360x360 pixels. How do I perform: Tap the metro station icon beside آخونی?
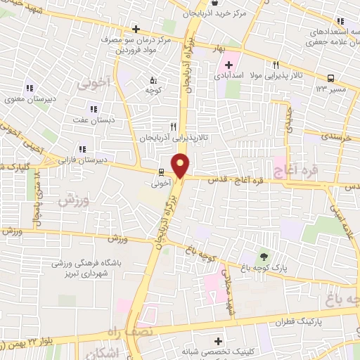coord(161,172)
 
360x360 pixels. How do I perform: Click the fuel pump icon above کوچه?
coord(154,79)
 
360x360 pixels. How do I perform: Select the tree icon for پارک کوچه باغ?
coord(264,256)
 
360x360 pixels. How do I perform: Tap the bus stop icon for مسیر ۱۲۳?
coord(330,79)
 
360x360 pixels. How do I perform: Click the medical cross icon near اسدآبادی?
coord(229,65)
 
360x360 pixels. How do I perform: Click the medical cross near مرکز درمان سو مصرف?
coord(136,30)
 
